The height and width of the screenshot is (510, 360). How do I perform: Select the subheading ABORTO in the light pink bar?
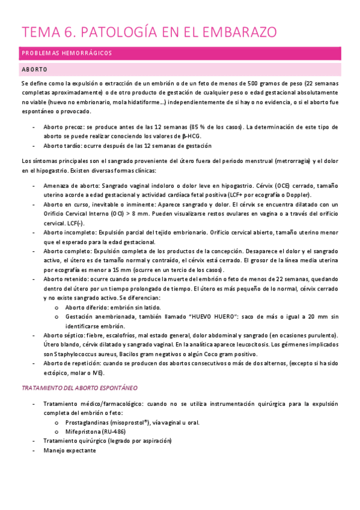point(35,70)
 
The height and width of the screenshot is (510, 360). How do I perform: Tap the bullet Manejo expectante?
point(69,450)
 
